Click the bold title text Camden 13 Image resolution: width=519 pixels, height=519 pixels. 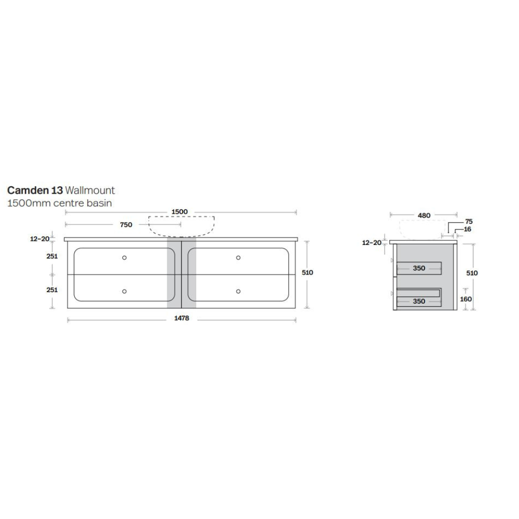coord(35,190)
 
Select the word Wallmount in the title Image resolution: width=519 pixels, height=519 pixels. coord(90,190)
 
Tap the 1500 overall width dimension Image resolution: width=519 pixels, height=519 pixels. coord(179,212)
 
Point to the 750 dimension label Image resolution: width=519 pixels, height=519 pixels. coord(126,225)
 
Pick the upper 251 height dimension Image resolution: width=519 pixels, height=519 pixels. coord(52,256)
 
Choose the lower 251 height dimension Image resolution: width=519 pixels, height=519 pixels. coord(52,290)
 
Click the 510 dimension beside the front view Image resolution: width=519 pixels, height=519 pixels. coord(308,272)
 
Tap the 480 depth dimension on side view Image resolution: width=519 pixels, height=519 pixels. coord(424,215)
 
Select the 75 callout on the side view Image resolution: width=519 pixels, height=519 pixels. coord(469,222)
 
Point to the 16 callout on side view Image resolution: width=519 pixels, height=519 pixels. coord(468,229)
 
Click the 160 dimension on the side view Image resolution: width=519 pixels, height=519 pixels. coord(466,299)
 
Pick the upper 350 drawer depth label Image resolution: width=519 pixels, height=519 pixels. coord(419,268)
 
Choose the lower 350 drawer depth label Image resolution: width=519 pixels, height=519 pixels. coord(419,301)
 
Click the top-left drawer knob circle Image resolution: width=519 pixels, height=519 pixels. coord(125,257)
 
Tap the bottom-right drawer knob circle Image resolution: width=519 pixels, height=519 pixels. coord(238,291)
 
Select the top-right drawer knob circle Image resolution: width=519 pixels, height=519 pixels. coord(238,257)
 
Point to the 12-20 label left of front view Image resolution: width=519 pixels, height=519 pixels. coord(40,239)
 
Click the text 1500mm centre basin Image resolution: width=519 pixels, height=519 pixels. coord(59,203)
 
